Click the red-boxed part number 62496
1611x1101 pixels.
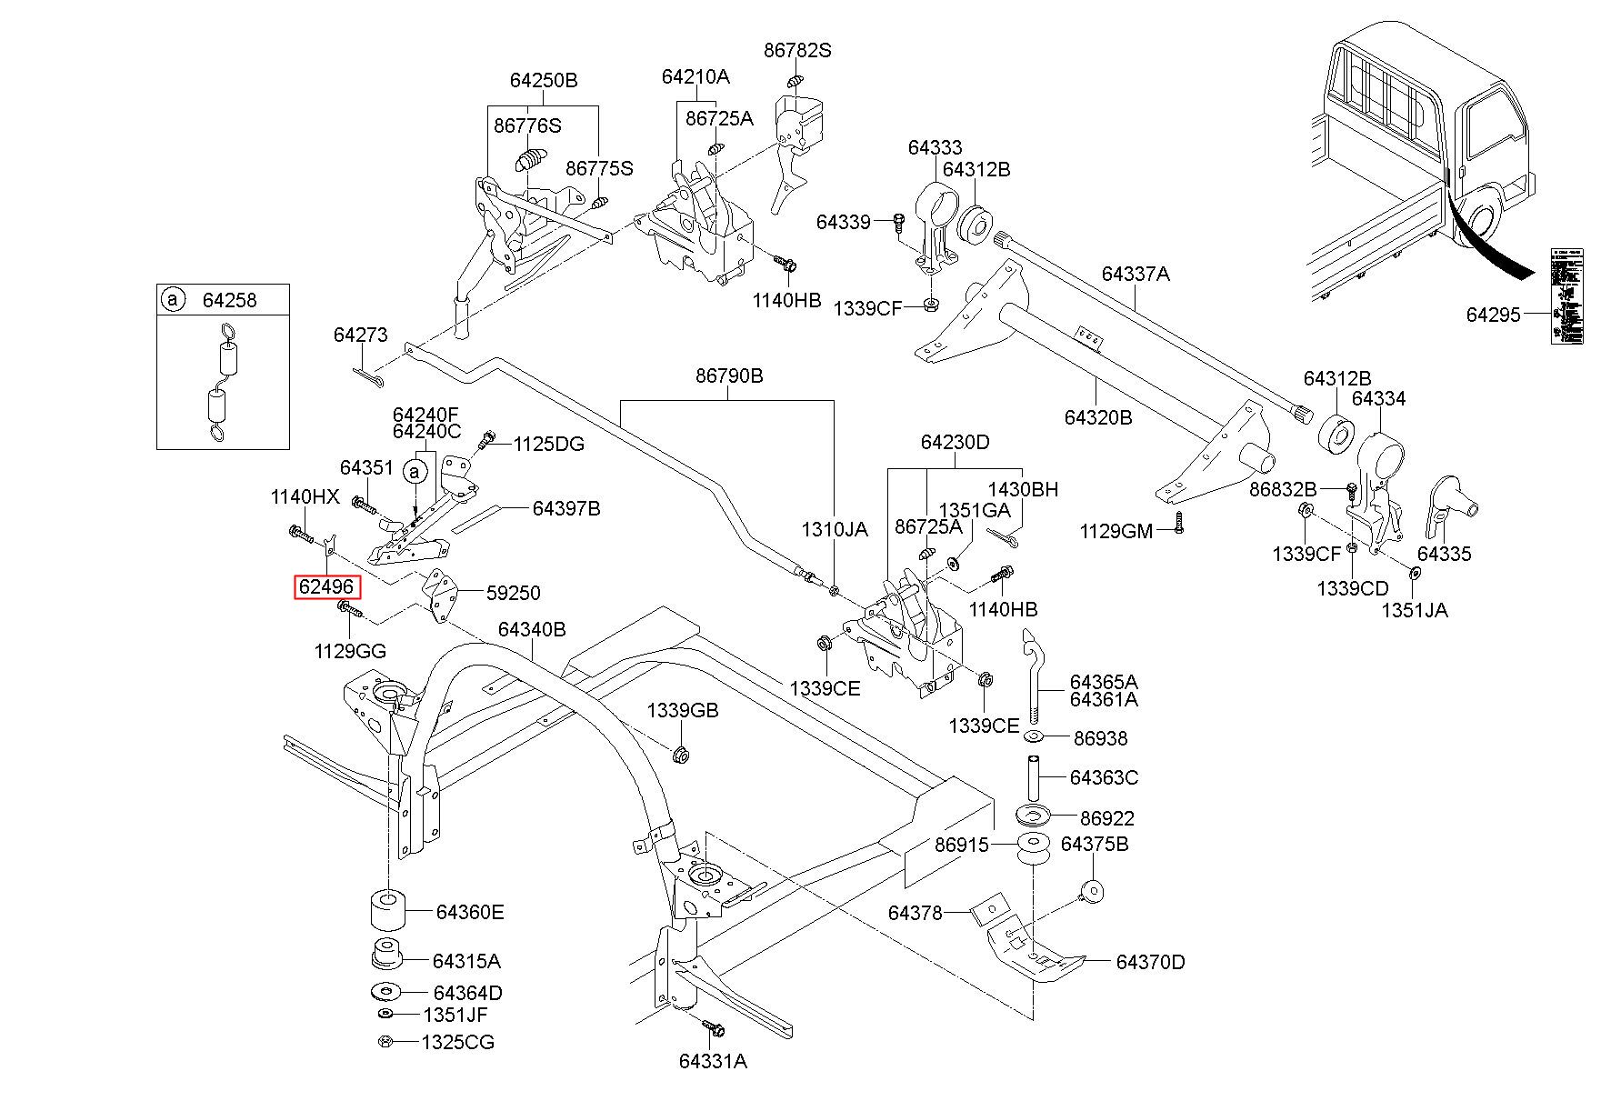[x=327, y=587]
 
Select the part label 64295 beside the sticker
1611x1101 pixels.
[x=1493, y=315]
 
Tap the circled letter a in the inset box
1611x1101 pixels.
[x=171, y=299]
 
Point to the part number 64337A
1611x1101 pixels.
[x=1136, y=274]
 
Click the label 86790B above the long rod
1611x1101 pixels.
[x=729, y=375]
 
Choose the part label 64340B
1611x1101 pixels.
[x=532, y=629]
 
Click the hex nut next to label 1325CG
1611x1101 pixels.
[x=385, y=1042]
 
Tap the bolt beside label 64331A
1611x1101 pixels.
[x=713, y=1028]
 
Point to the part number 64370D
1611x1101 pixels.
[x=1150, y=962]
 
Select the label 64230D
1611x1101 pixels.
[x=955, y=443]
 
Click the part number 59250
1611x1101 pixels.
[x=513, y=593]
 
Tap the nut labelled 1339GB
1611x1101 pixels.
[x=679, y=754]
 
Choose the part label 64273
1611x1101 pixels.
[x=360, y=335]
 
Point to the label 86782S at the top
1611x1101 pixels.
[x=797, y=51]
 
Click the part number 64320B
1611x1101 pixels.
[x=1098, y=417]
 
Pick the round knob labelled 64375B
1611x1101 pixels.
[x=1092, y=890]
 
